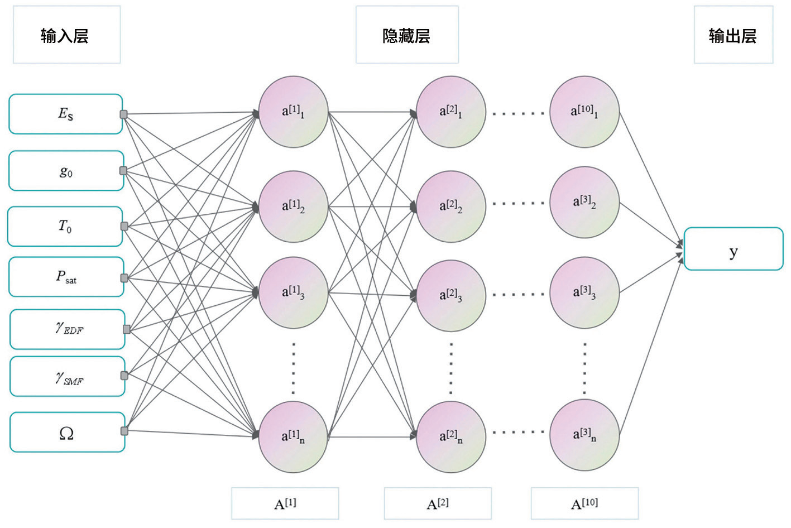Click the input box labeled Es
point(66,114)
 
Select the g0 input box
point(66,171)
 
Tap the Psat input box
point(66,277)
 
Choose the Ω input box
point(67,433)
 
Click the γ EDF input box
point(67,329)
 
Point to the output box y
point(734,249)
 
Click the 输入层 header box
point(67,35)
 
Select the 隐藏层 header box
point(407,35)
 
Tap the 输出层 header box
point(734,35)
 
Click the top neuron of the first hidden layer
point(294,112)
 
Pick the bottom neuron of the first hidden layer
point(294,437)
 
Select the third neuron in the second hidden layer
point(451,296)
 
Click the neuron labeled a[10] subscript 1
point(584,112)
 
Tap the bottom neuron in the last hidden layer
point(584,435)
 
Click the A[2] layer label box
point(438,503)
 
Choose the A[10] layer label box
point(585,503)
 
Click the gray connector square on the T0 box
point(124,227)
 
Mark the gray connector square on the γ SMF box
point(124,376)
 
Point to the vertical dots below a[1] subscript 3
point(294,368)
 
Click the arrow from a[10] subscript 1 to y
point(651,180)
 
